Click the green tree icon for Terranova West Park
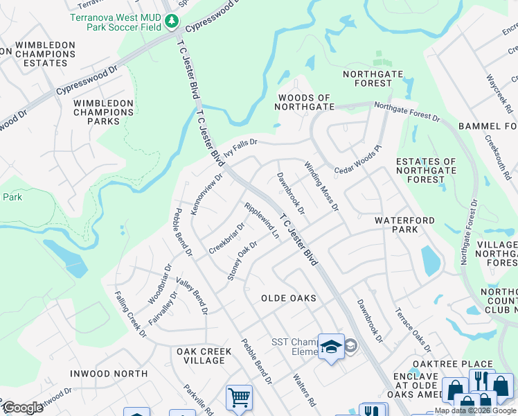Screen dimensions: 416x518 [172, 22]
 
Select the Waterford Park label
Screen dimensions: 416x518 [405, 225]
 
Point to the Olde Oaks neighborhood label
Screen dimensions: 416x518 [288, 298]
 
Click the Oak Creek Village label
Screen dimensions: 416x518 [204, 356]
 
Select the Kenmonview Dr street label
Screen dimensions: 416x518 [206, 193]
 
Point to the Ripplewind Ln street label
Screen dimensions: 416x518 [261, 220]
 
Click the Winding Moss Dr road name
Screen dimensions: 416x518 [321, 186]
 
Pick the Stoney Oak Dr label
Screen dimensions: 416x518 [242, 261]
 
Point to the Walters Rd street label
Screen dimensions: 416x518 [304, 390]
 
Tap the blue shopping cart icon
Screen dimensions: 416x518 [239, 398]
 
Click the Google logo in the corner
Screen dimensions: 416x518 [23, 408]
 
